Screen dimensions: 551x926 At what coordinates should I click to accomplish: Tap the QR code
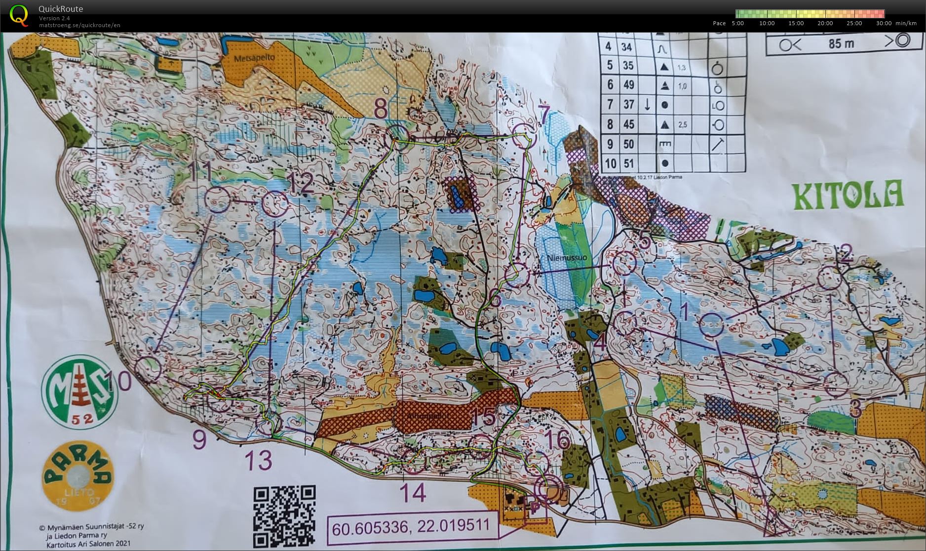pyautogui.click(x=284, y=516)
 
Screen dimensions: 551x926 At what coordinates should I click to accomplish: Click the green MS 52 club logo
pyautogui.click(x=79, y=392)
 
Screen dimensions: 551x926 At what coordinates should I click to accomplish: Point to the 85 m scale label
pyautogui.click(x=842, y=43)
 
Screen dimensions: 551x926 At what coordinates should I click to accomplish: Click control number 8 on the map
pyautogui.click(x=381, y=109)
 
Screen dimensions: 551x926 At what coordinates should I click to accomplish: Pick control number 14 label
pyautogui.click(x=413, y=493)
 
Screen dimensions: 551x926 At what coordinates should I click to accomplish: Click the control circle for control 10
pyautogui.click(x=148, y=370)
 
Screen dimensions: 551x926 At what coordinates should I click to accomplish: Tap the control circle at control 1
pyautogui.click(x=712, y=325)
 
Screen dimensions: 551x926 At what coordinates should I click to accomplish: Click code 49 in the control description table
pyautogui.click(x=628, y=85)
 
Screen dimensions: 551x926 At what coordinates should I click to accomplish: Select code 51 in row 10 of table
pyautogui.click(x=628, y=163)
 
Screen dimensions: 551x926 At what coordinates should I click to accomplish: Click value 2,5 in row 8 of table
pyautogui.click(x=682, y=125)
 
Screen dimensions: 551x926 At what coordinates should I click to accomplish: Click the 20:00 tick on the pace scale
pyautogui.click(x=825, y=23)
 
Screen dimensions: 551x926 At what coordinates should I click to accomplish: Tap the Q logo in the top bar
pyautogui.click(x=19, y=15)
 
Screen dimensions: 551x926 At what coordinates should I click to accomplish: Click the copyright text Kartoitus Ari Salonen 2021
pyautogui.click(x=88, y=544)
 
